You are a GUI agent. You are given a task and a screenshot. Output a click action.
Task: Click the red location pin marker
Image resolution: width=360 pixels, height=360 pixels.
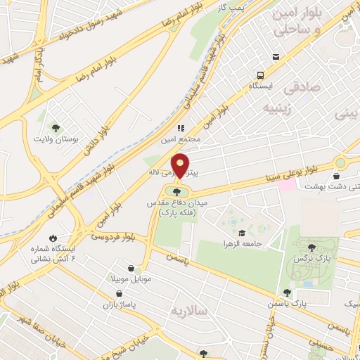point(180,165)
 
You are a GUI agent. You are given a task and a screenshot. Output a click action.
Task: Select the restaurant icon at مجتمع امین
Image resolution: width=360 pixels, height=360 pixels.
point(180,129)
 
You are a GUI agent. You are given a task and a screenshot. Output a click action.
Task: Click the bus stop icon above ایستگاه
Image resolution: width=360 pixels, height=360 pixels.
point(261,75)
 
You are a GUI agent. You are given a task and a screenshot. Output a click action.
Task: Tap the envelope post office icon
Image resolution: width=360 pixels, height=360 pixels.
point(276,57)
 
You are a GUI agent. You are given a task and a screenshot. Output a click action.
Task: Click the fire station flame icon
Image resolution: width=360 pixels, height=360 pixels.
point(52,238)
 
